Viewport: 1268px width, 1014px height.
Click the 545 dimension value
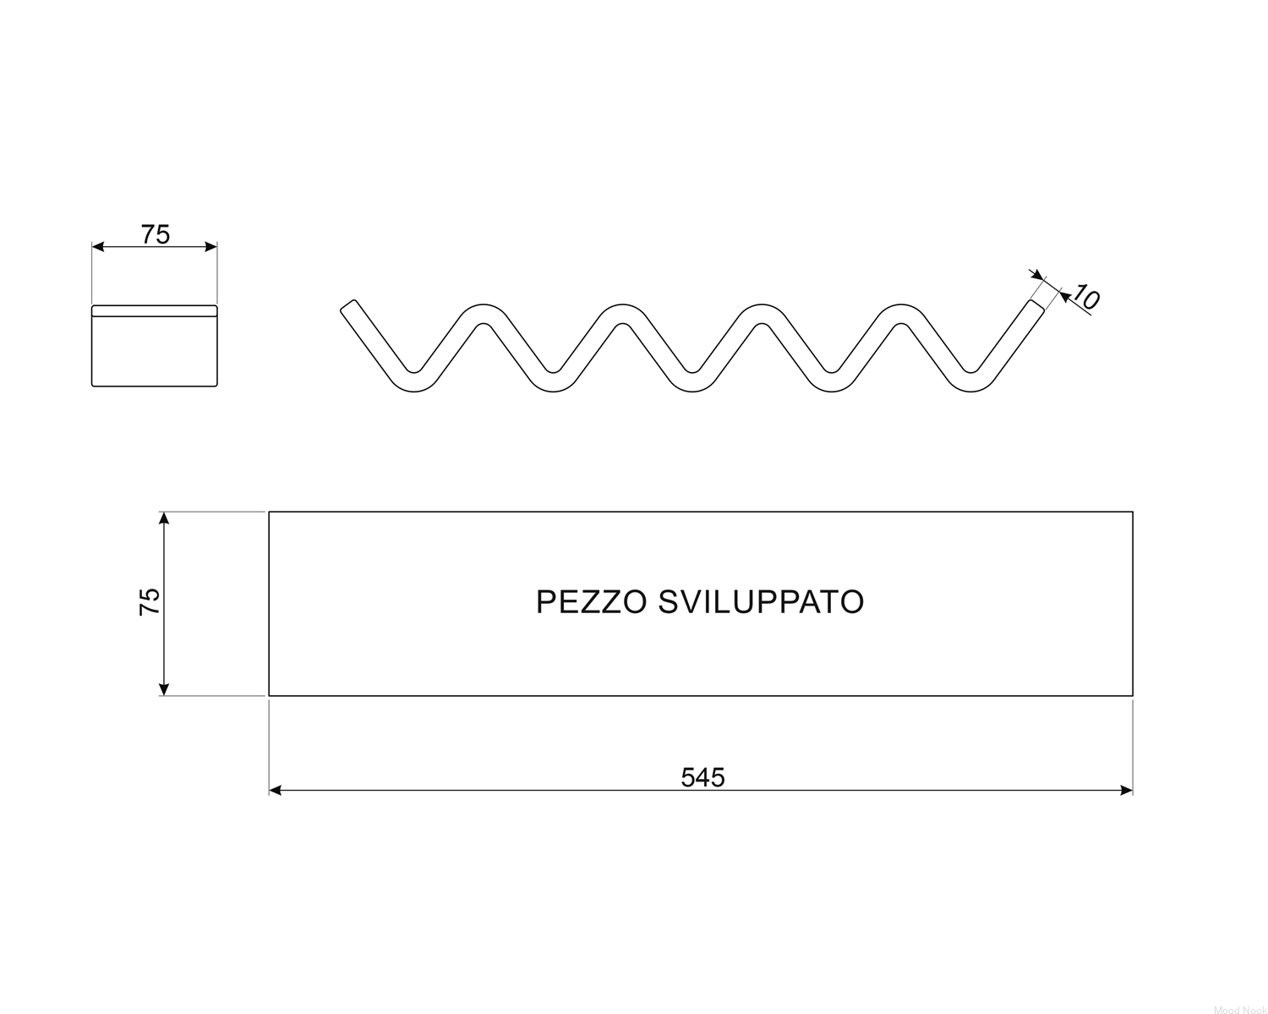pos(702,777)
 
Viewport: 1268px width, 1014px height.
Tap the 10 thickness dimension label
pos(1085,297)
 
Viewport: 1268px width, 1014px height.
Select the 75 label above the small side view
pos(156,234)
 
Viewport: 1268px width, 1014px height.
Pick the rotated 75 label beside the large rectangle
pos(149,602)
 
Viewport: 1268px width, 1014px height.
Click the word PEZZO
pos(592,602)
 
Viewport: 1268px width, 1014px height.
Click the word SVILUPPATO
pos(761,602)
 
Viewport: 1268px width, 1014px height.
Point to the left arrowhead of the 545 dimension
pos(276,790)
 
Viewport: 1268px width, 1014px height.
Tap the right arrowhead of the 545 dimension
pos(1126,790)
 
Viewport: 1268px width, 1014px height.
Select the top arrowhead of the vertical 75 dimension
pos(164,518)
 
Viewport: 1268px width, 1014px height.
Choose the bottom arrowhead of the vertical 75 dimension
pos(164,689)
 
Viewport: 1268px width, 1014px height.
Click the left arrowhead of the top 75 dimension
pos(98,246)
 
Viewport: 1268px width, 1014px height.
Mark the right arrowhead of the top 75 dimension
pos(211,246)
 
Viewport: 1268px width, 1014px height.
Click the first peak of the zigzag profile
pos(484,313)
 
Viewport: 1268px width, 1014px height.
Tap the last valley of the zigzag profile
pos(970,382)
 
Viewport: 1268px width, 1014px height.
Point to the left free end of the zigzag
pos(348,305)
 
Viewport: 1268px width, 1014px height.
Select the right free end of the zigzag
pos(1036,305)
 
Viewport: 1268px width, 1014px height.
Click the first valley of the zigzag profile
pos(413,382)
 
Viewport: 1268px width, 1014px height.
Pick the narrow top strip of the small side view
pos(155,310)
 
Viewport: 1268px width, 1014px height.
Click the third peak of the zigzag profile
pos(762,313)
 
